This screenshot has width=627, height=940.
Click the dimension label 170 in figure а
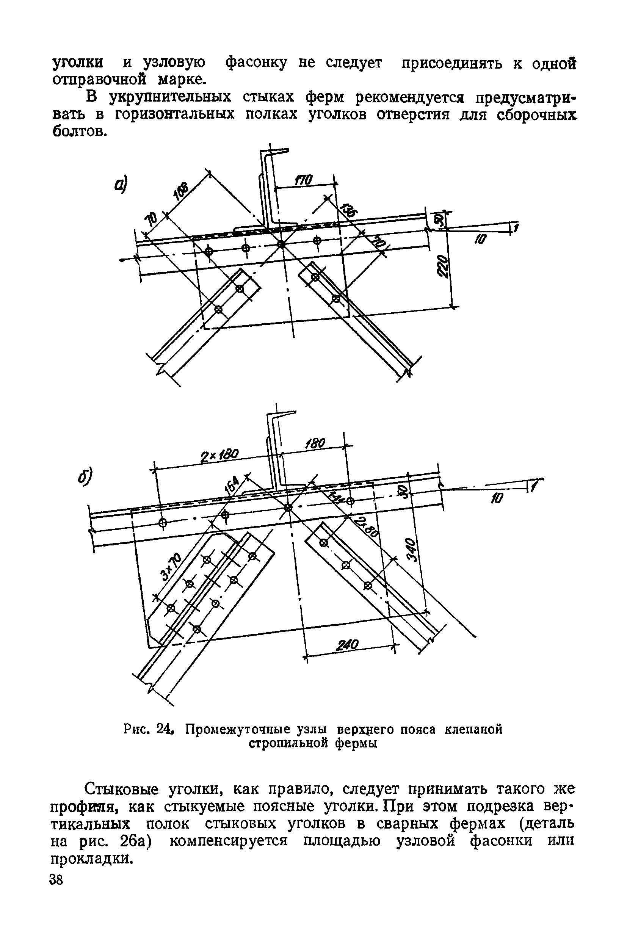click(304, 180)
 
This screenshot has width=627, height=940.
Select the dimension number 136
click(350, 210)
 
